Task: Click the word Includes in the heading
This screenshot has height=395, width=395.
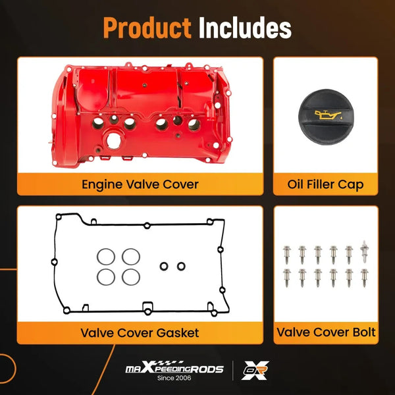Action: click(245, 28)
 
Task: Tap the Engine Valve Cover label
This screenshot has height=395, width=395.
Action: click(140, 184)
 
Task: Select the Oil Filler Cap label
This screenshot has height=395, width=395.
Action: click(326, 184)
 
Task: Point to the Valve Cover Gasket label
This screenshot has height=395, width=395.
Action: click(140, 332)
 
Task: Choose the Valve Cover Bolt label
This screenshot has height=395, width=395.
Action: click(326, 332)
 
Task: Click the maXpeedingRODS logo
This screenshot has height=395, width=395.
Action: click(174, 368)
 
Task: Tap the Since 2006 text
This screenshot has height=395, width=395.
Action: click(174, 379)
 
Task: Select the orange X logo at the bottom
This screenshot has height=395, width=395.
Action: click(253, 371)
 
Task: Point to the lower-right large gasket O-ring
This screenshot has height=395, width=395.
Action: click(130, 276)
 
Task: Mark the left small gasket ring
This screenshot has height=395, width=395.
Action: click(165, 267)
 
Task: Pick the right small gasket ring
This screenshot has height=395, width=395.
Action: click(181, 267)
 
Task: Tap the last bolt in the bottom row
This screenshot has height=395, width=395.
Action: click(363, 276)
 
